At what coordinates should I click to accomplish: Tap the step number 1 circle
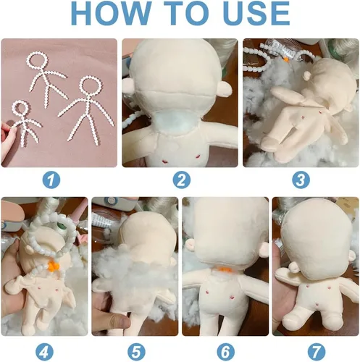click(x=51, y=180)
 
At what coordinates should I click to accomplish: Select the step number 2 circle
click(x=182, y=180)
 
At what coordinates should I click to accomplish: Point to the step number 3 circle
click(x=301, y=180)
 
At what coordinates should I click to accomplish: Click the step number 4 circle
click(x=44, y=352)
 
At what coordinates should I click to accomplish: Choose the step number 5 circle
click(x=136, y=352)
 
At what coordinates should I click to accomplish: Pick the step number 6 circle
click(x=225, y=352)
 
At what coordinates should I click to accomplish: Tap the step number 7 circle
click(x=316, y=352)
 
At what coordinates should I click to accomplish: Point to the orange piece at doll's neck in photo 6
click(x=222, y=274)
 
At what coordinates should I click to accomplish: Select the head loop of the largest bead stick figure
click(x=90, y=85)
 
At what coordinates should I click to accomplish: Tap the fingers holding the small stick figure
click(x=9, y=135)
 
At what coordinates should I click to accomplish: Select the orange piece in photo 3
click(x=285, y=59)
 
